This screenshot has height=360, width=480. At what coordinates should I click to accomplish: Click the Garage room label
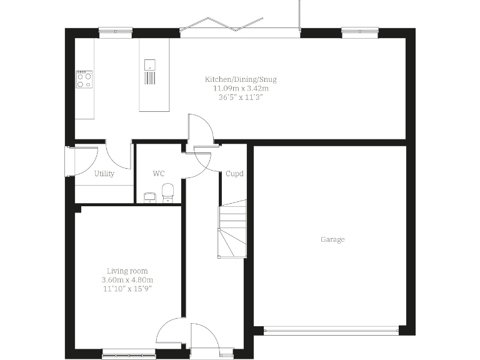click(332, 239)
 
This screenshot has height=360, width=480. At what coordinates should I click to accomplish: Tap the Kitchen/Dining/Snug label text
click(241, 79)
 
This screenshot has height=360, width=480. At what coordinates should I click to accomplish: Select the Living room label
click(127, 271)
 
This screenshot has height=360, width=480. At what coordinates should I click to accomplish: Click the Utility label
click(104, 174)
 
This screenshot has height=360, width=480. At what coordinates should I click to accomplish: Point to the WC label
click(158, 174)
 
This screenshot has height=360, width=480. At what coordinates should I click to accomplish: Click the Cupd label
click(234, 174)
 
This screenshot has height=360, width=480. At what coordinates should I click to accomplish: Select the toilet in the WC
click(167, 193)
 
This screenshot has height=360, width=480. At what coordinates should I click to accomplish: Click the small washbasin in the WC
click(149, 197)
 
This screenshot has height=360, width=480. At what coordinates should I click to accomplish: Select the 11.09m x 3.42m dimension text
click(241, 88)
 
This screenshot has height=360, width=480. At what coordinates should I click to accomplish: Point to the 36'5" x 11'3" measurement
click(241, 97)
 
